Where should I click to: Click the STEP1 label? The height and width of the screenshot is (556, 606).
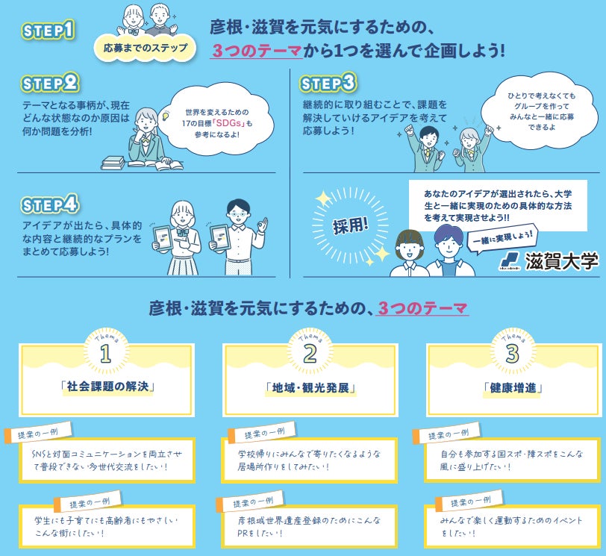49,31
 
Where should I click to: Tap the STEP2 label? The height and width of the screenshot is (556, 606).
51,82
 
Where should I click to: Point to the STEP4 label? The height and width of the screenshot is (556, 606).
51,204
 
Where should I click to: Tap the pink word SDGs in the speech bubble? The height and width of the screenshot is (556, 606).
222,123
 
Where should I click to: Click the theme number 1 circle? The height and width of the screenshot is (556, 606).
105,354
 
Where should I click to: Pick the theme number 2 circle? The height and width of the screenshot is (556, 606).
309,354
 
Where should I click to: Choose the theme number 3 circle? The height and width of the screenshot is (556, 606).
512,354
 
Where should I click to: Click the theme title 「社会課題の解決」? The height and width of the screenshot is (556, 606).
106,387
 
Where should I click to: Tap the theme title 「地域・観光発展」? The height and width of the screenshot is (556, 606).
309,388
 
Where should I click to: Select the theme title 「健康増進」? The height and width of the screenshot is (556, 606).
512,388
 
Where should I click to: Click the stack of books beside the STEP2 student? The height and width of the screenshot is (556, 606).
113,161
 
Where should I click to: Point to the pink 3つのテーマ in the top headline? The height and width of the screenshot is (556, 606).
257,51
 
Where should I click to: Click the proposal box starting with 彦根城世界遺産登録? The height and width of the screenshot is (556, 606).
310,526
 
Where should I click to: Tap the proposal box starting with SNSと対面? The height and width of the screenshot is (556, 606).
107,460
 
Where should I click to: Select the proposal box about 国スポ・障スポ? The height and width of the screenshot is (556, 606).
512,460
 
